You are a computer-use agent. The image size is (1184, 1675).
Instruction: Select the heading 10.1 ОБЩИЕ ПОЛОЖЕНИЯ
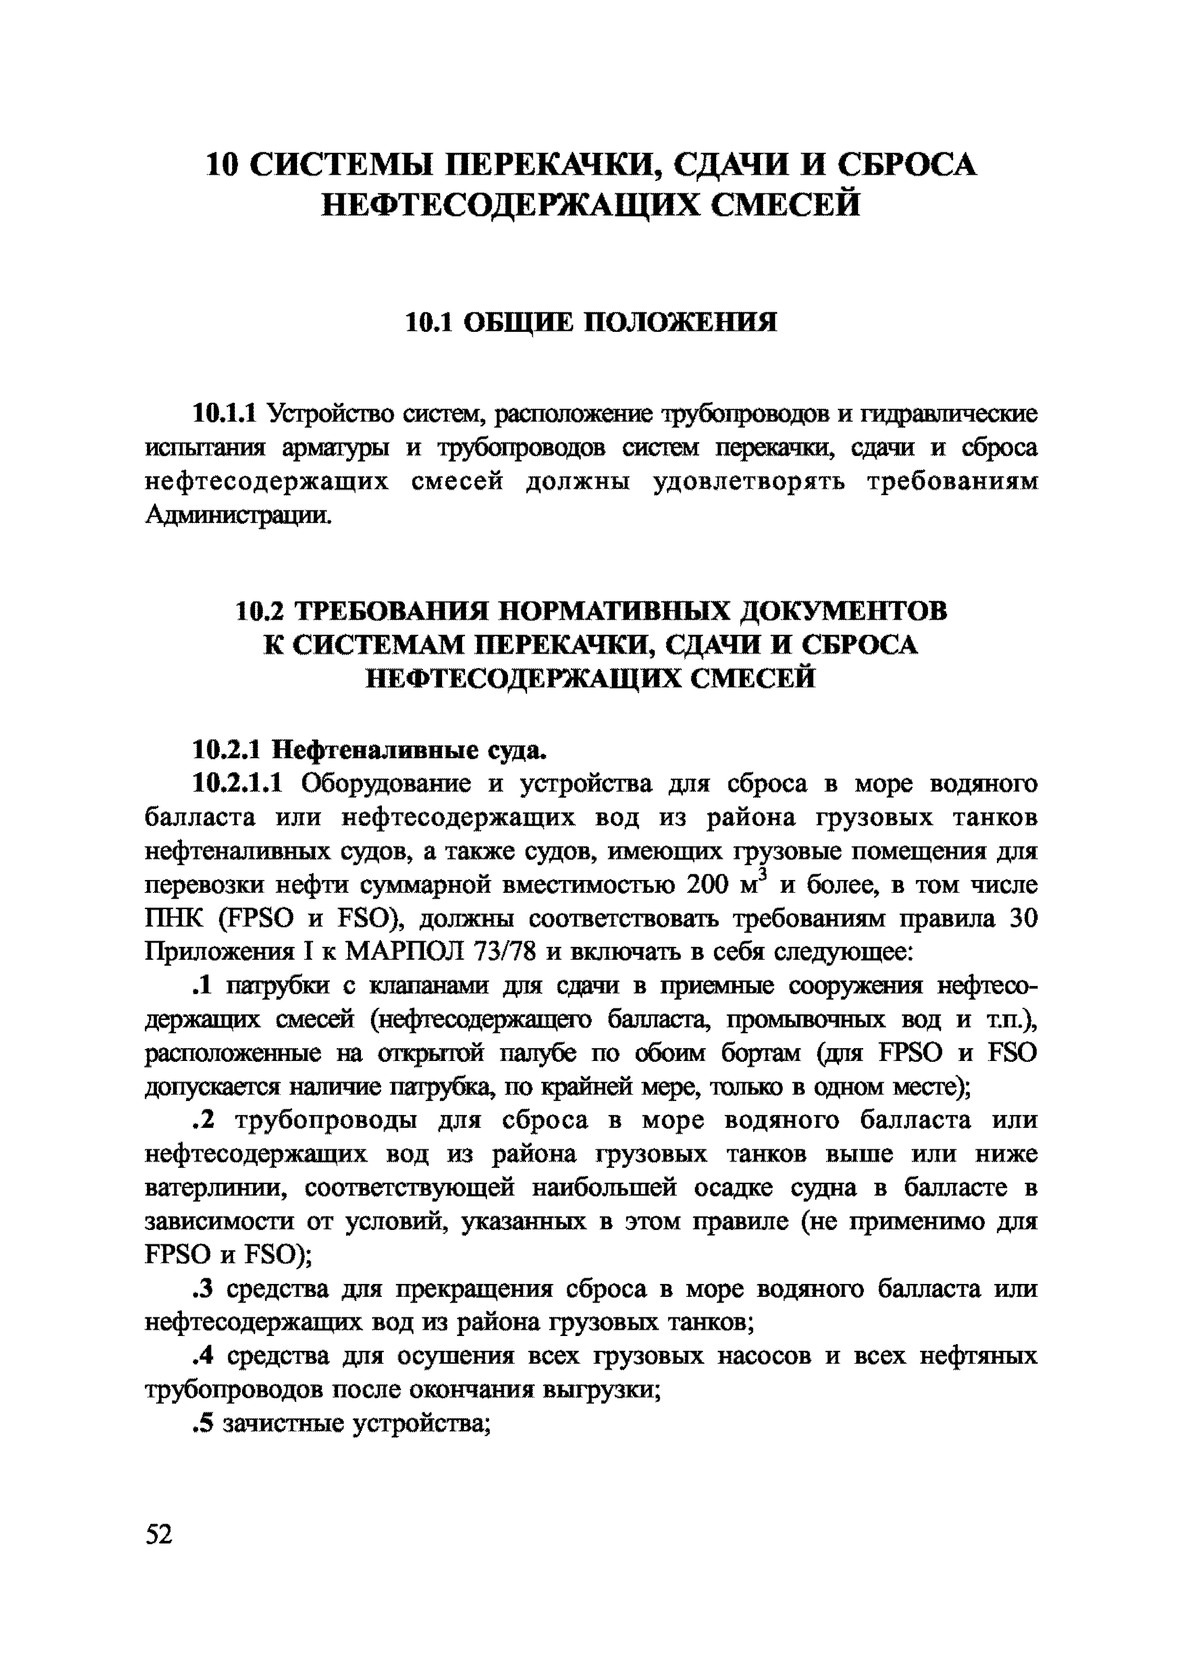591,322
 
